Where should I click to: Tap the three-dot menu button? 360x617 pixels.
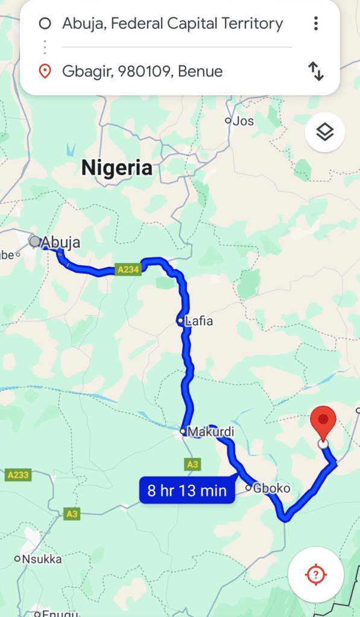tap(315, 24)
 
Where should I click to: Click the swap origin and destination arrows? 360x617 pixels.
tap(316, 71)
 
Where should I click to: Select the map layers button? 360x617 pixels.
tap(325, 131)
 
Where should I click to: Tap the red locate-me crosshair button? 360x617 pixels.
tap(316, 575)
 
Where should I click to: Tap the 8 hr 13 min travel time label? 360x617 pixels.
tap(187, 490)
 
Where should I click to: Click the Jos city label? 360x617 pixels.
tap(243, 121)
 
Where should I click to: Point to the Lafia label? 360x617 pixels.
tap(199, 321)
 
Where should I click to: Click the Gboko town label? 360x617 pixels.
tap(267, 488)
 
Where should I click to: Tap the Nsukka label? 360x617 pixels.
tap(41, 559)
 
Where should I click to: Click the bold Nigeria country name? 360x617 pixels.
tap(117, 168)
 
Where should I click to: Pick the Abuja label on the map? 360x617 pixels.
tap(60, 242)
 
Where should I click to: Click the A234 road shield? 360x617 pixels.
tap(128, 270)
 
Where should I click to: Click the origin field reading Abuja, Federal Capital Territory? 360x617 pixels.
tap(172, 24)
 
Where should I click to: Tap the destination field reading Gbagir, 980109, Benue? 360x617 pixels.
tap(142, 72)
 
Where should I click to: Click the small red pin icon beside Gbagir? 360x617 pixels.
tap(44, 72)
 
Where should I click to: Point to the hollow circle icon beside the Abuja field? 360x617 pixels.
tap(44, 24)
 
